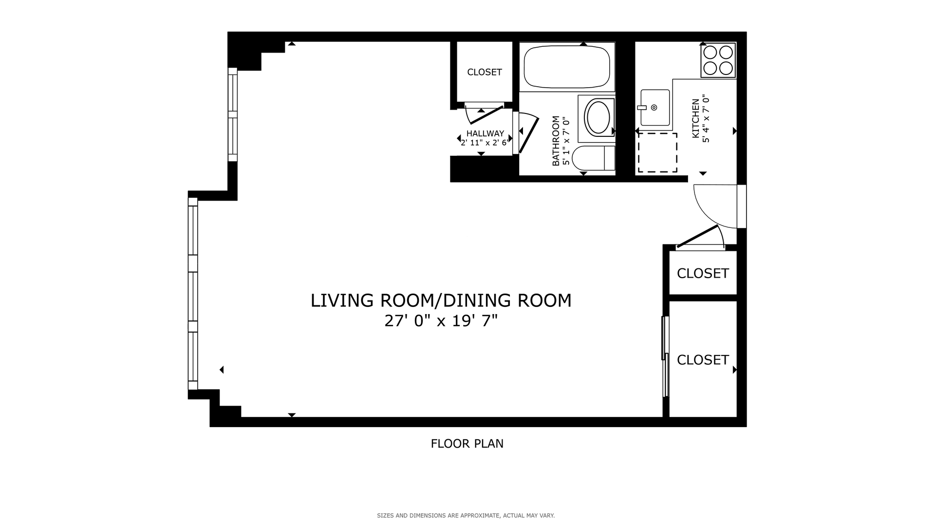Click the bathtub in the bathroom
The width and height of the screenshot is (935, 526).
pyautogui.click(x=566, y=67)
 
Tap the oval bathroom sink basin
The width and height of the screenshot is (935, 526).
pyautogui.click(x=598, y=117)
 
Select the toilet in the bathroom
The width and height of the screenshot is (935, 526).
pyautogui.click(x=592, y=158)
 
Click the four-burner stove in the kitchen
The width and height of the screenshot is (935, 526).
pyautogui.click(x=718, y=60)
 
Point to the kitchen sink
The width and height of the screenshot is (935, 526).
pyautogui.click(x=654, y=107)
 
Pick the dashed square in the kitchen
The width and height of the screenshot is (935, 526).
pyautogui.click(x=657, y=152)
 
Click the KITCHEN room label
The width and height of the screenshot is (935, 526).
pyautogui.click(x=696, y=118)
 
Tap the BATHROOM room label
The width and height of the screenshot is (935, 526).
pyautogui.click(x=556, y=141)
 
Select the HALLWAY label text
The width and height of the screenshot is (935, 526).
pyautogui.click(x=485, y=133)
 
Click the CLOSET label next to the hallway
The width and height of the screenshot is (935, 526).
pyautogui.click(x=484, y=72)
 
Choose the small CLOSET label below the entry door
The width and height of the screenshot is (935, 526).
pyautogui.click(x=702, y=273)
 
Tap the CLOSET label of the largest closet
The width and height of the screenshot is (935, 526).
pyautogui.click(x=702, y=359)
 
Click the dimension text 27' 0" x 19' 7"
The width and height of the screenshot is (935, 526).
pyautogui.click(x=441, y=321)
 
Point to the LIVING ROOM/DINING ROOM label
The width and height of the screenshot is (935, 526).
pyautogui.click(x=441, y=301)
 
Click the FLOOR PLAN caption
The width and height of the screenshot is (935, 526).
pyautogui.click(x=467, y=444)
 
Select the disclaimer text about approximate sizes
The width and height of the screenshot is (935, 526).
pyautogui.click(x=466, y=515)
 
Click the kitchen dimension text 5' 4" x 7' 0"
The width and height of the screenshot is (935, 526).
pyautogui.click(x=706, y=119)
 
